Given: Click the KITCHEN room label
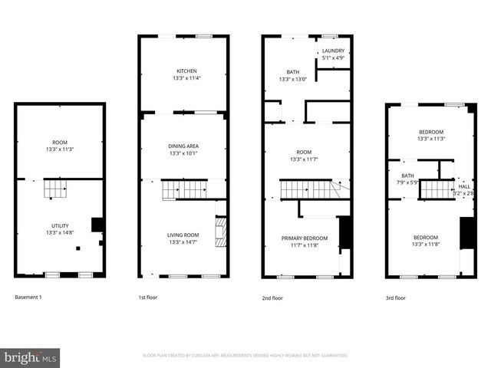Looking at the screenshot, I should (183, 71).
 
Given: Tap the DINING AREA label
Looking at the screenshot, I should (183, 146).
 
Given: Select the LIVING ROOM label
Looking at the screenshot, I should (183, 235).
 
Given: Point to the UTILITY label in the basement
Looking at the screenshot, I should (60, 225).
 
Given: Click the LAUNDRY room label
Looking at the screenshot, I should (333, 51).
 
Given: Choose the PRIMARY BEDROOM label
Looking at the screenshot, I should (305, 238).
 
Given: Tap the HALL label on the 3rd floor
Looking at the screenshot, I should (465, 186).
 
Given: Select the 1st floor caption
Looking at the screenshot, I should (147, 297).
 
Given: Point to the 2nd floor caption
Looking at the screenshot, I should (271, 297).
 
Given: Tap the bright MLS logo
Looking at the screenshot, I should (31, 357).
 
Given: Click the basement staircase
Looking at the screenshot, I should (55, 188).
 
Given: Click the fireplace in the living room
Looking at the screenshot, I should (221, 231).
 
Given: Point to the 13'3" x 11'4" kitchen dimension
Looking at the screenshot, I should (183, 77).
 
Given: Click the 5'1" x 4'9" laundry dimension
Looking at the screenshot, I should (333, 58).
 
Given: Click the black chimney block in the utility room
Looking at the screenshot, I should (97, 225).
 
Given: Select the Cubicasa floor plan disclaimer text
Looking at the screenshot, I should (245, 356).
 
